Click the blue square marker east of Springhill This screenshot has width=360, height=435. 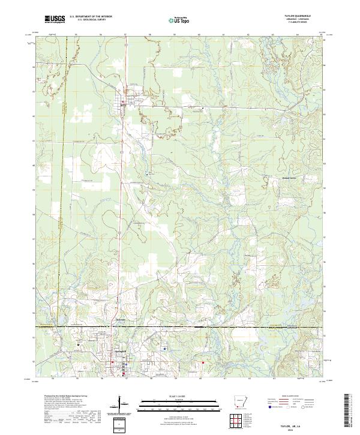point(165,348)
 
